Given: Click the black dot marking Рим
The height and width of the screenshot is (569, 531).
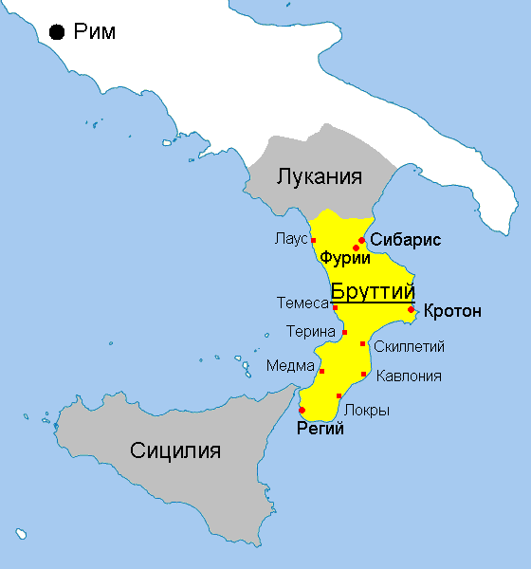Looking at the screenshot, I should pos(57,32).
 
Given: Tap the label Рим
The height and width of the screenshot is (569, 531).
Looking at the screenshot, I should pos(95,32).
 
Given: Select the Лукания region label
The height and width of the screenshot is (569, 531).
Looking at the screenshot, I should pos(320,176).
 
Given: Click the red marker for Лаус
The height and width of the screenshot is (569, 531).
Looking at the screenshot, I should pos(313,241).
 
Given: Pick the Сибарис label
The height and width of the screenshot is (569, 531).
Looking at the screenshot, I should pos(405,240).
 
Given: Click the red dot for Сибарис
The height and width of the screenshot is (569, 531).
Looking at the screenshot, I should pos(361,240).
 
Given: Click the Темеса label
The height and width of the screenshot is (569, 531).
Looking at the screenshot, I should pos(302,304).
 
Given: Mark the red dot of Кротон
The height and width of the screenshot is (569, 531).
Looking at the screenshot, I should pos(411,309).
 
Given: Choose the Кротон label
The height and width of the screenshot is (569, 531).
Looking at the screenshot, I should pos(452,311).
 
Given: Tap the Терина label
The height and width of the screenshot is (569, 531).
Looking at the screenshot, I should pos(311,332).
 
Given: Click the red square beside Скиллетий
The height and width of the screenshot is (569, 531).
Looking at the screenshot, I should pos(362,343).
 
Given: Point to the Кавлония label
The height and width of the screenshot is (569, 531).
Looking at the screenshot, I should pos(409,376).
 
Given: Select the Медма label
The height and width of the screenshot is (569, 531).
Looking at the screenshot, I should pos(288,366).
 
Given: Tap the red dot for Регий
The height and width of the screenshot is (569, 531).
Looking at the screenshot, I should pos(302,410).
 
